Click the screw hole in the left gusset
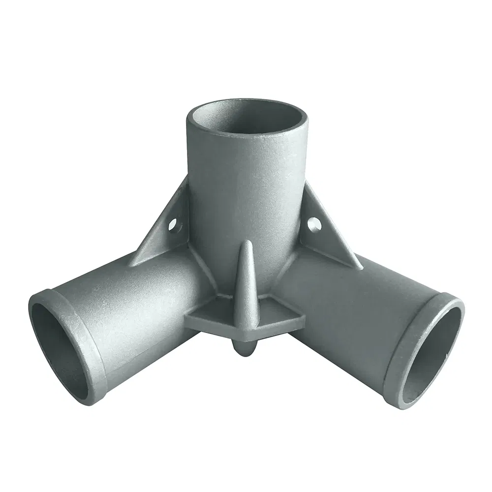click(173, 227)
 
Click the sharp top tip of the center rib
click(246, 243)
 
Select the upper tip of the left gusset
click(185, 180)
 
